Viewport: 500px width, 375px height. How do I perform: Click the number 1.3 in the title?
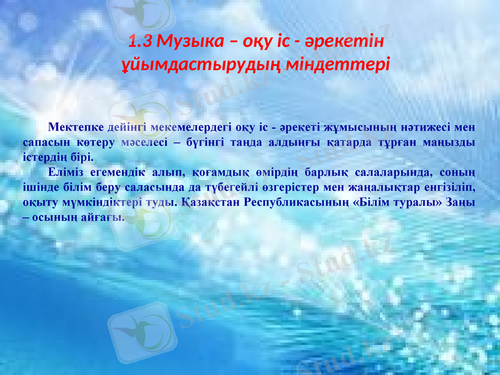pos(140,42)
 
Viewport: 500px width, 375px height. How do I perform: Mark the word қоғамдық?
pos(219,172)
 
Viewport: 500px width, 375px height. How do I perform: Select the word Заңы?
pos(459,202)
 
